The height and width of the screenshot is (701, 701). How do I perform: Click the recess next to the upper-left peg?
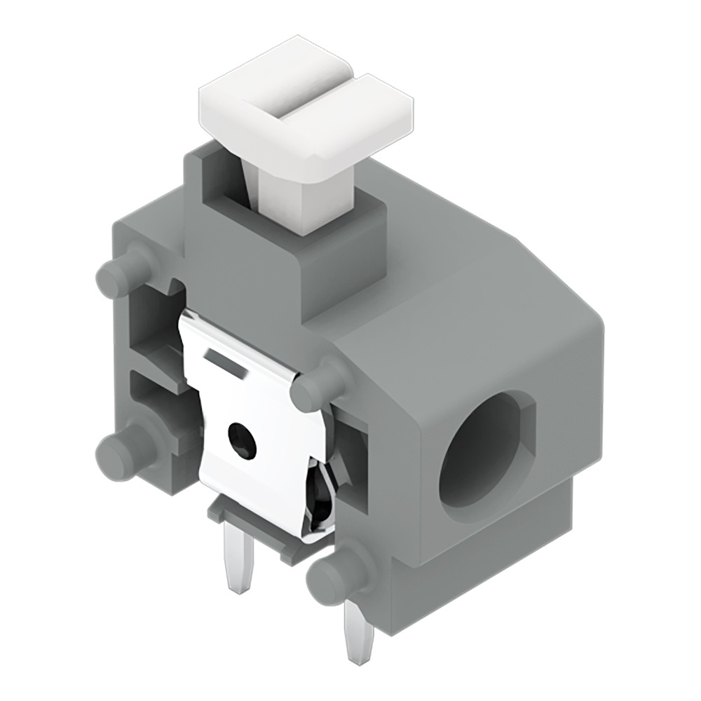[151, 322]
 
